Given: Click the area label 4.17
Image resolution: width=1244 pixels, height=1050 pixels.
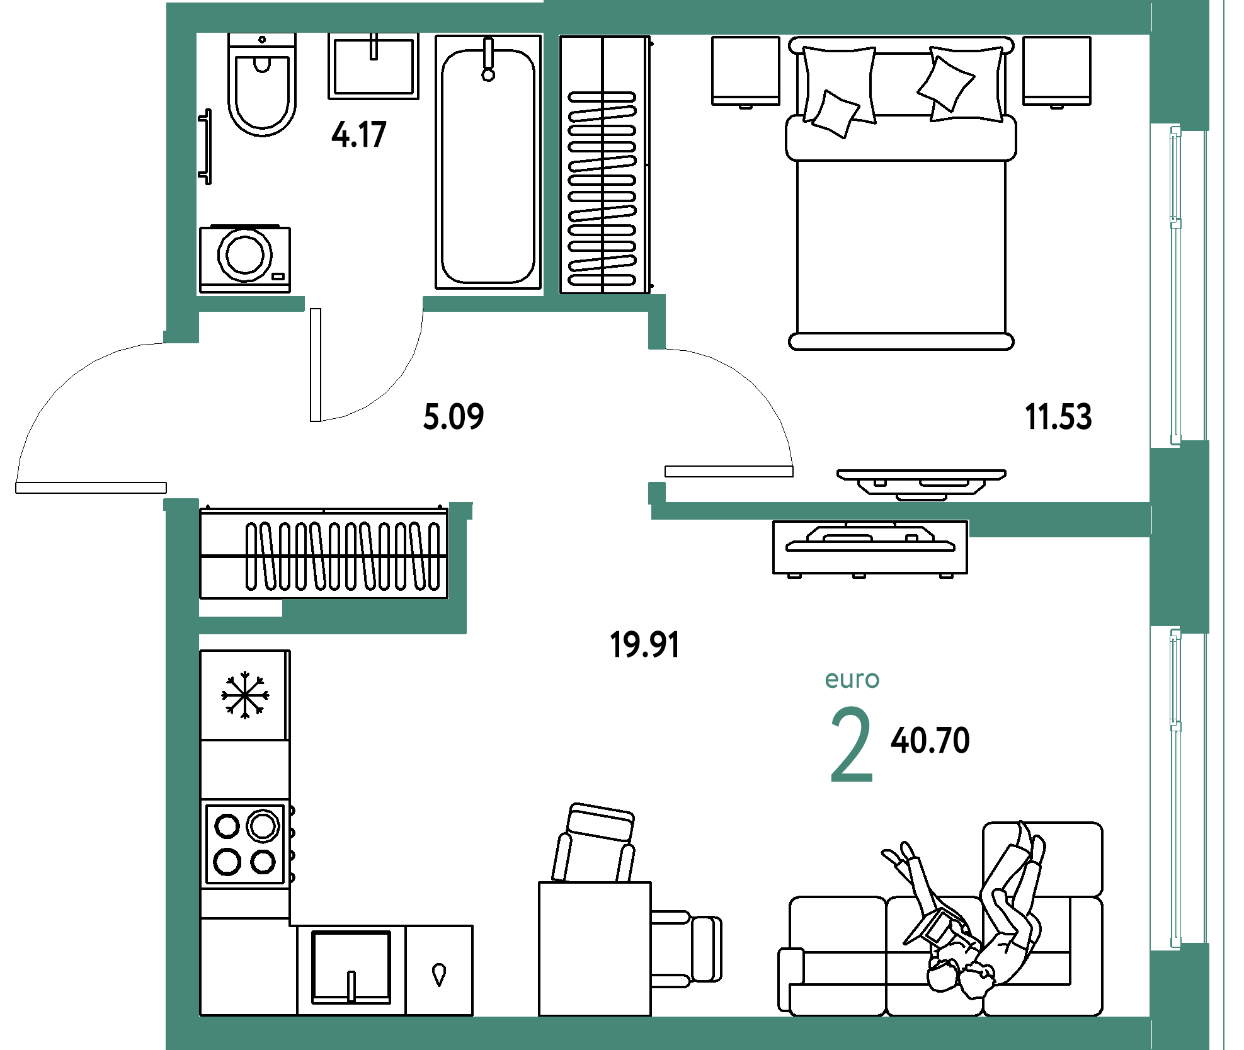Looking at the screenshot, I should (x=358, y=135).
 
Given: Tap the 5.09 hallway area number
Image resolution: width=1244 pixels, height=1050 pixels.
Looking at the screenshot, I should (x=454, y=416).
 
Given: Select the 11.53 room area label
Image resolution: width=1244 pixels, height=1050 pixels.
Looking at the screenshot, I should (x=1058, y=416).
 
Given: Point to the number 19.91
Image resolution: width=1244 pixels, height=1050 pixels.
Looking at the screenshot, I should (x=644, y=644).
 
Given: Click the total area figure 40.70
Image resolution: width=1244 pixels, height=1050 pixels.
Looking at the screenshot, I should (x=930, y=740).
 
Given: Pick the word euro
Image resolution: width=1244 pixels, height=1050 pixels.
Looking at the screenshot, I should (x=852, y=679).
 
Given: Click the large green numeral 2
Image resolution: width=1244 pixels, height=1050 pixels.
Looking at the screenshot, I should (x=852, y=745).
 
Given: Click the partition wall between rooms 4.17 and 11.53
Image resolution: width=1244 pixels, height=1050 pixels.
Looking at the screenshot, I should (x=551, y=164).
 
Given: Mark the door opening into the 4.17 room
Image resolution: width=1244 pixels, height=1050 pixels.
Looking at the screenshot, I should (x=363, y=304).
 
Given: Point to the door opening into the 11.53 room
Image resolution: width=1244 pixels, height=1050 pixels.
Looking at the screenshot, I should (x=657, y=416).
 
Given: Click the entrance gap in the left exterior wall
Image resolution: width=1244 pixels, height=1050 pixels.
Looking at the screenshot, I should (x=181, y=421).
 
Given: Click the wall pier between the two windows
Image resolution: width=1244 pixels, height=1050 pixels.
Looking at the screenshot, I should (x=1180, y=535).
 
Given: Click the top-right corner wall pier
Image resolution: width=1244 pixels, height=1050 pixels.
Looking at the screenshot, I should (x=1180, y=63).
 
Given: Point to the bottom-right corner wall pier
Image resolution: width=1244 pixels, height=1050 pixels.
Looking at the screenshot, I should (x=1180, y=995).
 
